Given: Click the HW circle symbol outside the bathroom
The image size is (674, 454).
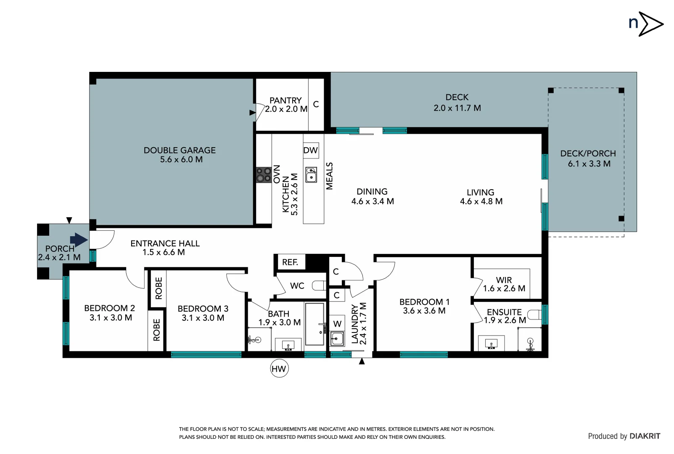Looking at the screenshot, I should coord(279,369).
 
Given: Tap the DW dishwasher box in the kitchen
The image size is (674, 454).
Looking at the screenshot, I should coord(311,150).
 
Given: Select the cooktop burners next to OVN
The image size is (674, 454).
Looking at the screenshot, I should coord(264,175).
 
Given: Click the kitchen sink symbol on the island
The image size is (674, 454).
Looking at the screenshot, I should coord(311,175).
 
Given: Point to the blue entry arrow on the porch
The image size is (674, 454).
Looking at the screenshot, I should coord(79,240).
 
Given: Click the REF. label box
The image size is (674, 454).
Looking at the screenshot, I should coord(290,262).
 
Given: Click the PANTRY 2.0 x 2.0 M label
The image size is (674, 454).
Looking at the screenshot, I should coord(286,105).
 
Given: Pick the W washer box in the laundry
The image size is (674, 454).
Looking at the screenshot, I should coord(338,324).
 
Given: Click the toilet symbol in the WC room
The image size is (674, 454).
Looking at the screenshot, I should coord(319,286).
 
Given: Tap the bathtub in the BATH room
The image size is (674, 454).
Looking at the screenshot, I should coord(315,325).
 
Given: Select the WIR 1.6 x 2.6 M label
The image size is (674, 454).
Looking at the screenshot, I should coord(504,284).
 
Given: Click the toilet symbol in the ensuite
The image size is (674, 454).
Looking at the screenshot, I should coord(534,314).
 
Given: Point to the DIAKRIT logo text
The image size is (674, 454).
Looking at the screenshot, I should coord(645,436).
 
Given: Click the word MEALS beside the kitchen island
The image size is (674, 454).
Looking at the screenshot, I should coord(330,176).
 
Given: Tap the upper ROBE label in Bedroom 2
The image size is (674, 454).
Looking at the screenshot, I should coord(159,288).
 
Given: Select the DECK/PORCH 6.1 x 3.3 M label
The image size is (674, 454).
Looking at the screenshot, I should coord(589,158).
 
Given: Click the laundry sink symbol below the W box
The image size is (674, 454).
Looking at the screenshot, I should coord(337,338).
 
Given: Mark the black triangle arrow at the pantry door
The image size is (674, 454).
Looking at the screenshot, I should coord(252,113).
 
